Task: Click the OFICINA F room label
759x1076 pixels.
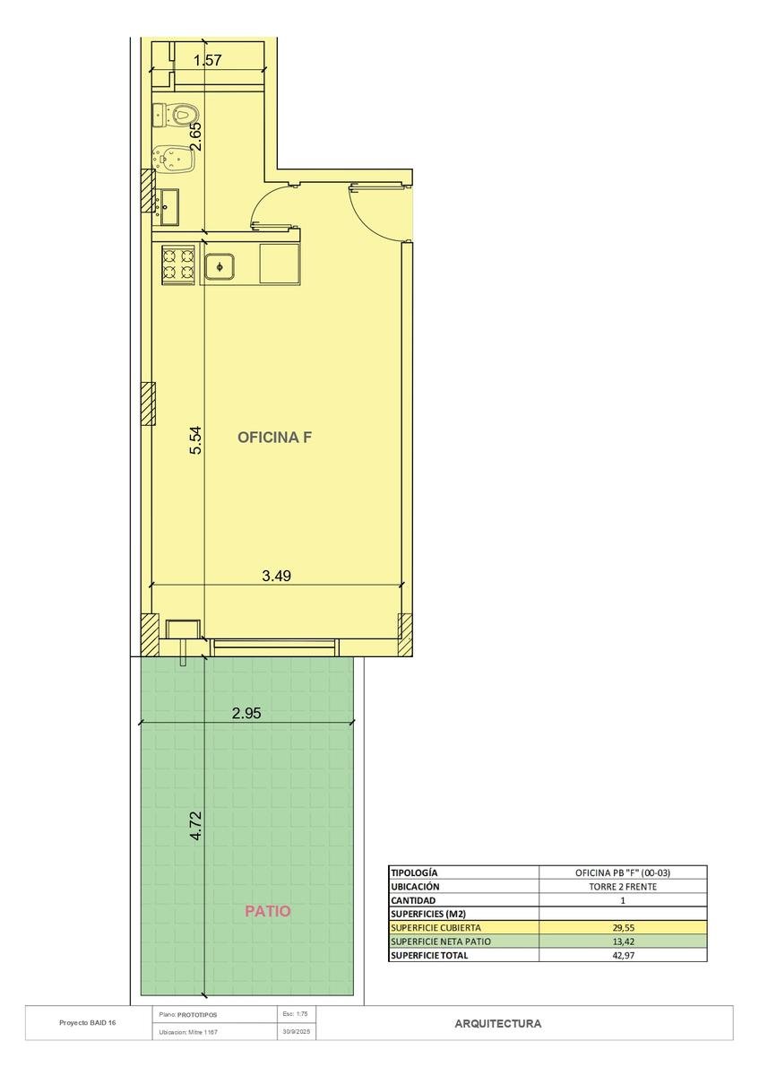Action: click(274, 438)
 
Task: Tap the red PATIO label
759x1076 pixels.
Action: click(268, 911)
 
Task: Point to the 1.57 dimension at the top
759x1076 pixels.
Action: click(207, 61)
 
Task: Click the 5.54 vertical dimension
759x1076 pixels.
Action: click(196, 440)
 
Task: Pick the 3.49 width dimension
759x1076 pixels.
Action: click(277, 576)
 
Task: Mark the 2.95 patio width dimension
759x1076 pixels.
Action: click(246, 713)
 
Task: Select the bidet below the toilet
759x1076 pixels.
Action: click(174, 157)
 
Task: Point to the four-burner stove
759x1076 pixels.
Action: click(178, 265)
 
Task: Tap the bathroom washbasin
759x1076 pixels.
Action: click(168, 207)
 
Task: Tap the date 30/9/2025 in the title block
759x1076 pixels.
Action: click(298, 1031)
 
